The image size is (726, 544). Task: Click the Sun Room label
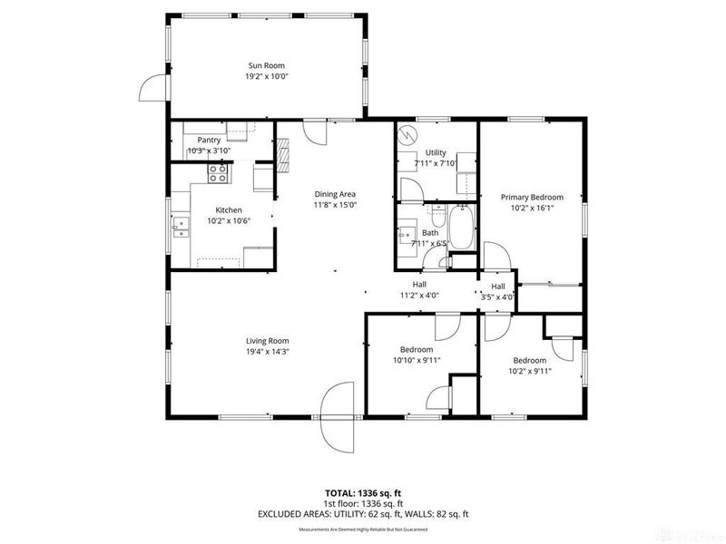click(x=267, y=65)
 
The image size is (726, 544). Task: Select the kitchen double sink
click(x=181, y=227)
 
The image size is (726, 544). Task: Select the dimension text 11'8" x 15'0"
click(x=335, y=205)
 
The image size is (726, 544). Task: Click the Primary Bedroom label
click(x=532, y=197)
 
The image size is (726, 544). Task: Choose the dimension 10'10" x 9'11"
click(x=417, y=360)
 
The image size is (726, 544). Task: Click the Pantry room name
click(x=210, y=141)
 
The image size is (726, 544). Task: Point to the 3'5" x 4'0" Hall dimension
click(x=498, y=296)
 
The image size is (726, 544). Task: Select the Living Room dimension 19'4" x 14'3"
click(x=267, y=352)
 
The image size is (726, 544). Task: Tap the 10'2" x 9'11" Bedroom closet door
click(x=562, y=349)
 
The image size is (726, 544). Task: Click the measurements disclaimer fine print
click(x=362, y=529)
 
